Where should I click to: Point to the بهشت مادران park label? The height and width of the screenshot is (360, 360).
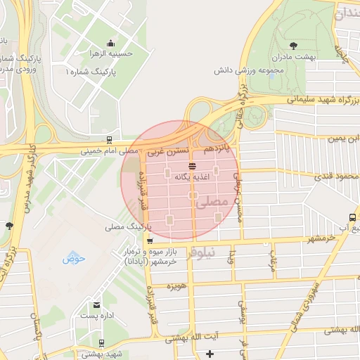point(297,56)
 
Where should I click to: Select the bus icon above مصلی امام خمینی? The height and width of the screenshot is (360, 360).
point(108,139)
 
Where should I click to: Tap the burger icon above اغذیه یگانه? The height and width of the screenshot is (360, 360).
point(193,166)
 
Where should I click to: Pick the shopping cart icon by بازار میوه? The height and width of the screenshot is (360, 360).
point(148,241)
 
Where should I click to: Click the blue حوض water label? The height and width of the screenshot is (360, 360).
point(73,259)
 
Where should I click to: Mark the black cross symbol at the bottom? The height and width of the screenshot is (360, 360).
point(209,353)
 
